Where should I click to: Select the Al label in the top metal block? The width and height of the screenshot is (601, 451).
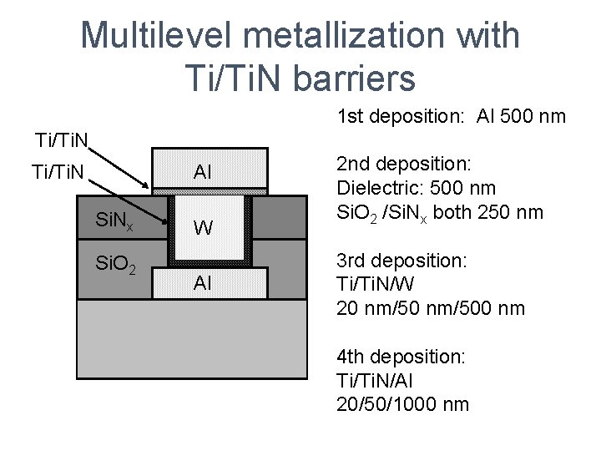(202, 172)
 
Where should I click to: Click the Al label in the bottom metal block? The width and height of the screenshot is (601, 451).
(202, 282)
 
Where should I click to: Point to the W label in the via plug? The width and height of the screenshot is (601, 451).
(202, 228)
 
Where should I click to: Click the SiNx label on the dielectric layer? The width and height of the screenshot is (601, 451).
(115, 222)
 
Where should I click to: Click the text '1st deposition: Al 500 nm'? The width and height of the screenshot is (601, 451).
(452, 116)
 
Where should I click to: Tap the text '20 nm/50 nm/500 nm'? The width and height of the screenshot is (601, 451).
(431, 308)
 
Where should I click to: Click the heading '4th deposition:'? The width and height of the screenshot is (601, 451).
(402, 357)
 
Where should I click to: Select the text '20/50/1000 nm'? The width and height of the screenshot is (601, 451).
(403, 404)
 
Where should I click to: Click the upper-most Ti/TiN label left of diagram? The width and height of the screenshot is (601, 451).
(62, 138)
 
